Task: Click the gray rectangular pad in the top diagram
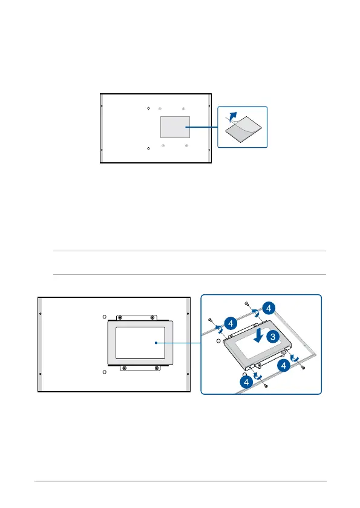[x=175, y=127]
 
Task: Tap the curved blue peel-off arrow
[x=233, y=117]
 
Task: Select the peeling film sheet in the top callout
[x=243, y=129]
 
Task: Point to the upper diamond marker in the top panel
[x=148, y=108]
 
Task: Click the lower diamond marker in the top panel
[x=148, y=148]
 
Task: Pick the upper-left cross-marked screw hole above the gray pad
[x=160, y=109]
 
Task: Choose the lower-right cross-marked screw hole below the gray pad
[x=186, y=146]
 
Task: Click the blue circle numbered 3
[x=273, y=337]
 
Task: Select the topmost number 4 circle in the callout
[x=269, y=308]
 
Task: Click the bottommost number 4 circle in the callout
[x=246, y=382]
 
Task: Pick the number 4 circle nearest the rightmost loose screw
[x=284, y=366]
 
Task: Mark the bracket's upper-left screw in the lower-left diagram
[x=120, y=317]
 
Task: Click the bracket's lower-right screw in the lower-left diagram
[x=157, y=368]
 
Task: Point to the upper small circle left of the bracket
[x=104, y=317]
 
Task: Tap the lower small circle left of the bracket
[x=104, y=372]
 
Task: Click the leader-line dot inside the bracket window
[x=156, y=343]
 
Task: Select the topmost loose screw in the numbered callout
[x=247, y=304]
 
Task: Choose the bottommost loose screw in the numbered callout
[x=266, y=386]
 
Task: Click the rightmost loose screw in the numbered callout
[x=303, y=368]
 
